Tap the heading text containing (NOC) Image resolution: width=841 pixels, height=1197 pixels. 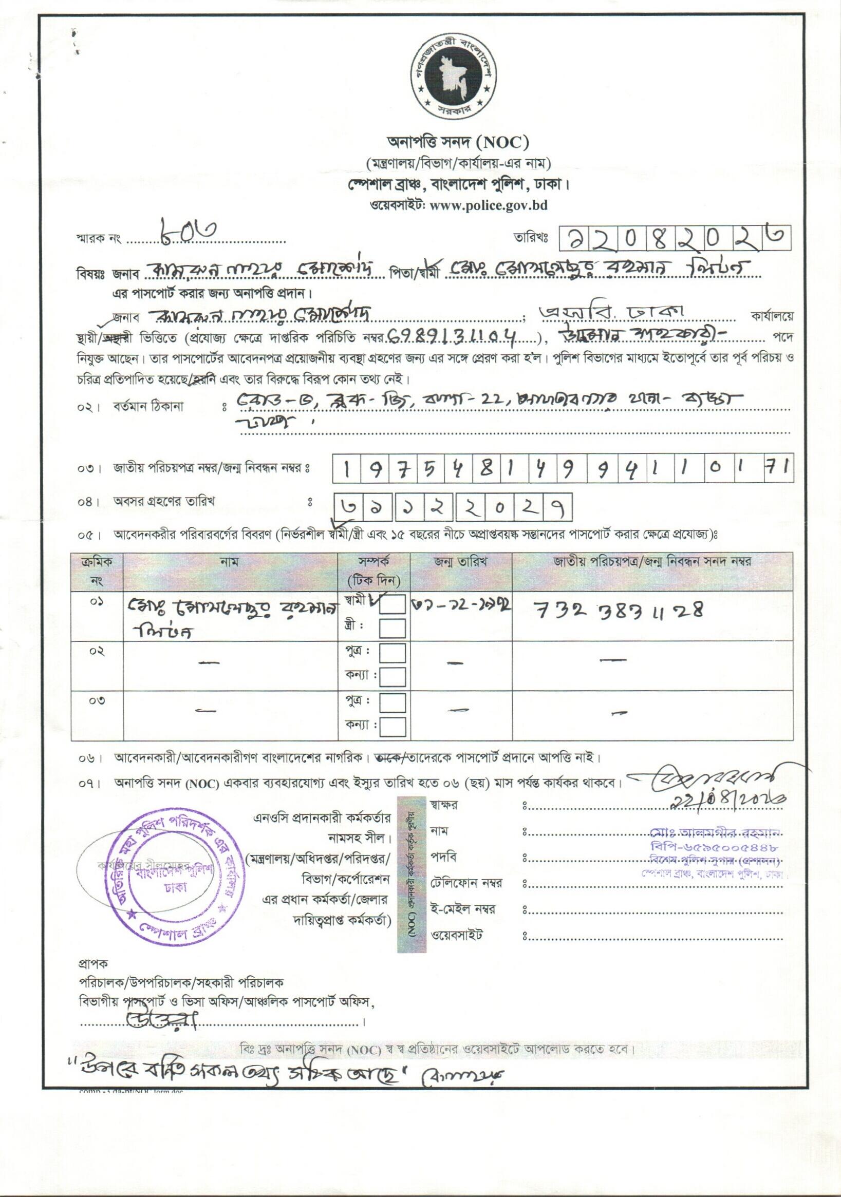(458, 141)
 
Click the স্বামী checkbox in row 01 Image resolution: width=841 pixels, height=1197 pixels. (393, 604)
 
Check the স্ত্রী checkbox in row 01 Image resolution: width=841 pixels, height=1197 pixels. (393, 628)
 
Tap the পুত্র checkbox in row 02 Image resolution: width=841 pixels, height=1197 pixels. (393, 652)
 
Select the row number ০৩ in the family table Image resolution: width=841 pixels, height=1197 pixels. (97, 700)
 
